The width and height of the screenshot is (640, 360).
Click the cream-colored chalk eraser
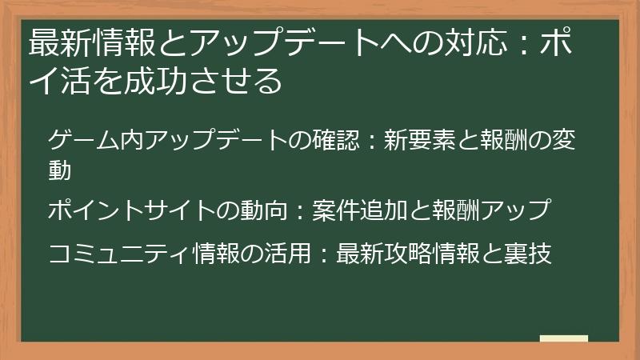point(563,339)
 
